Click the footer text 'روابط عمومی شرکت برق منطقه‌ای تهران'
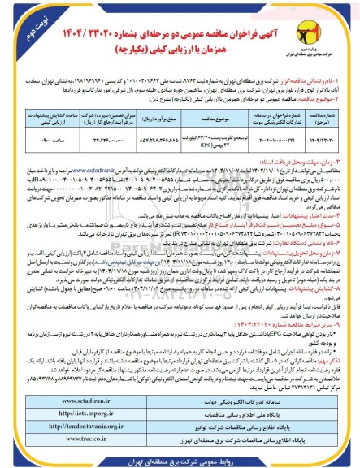(179, 457)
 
